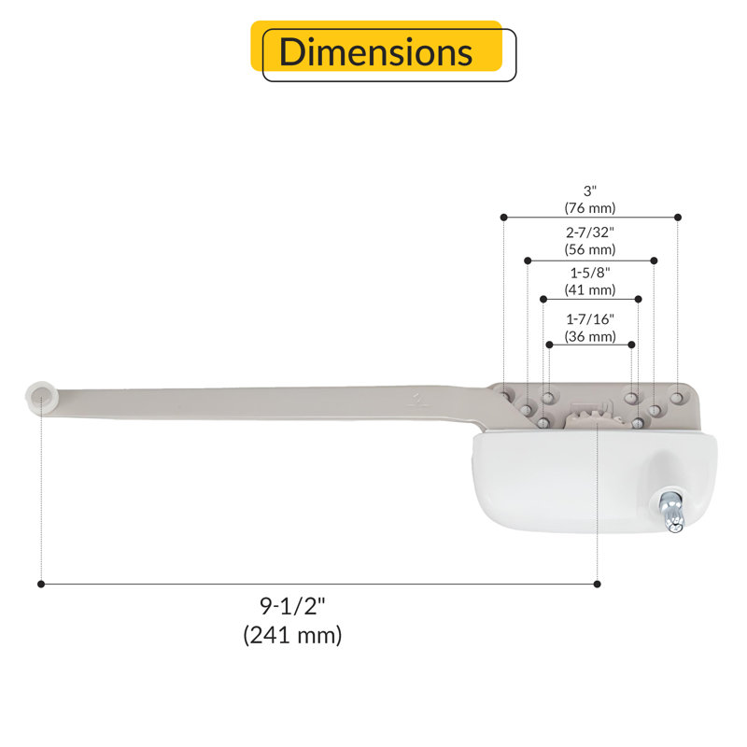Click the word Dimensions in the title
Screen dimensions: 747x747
point(375,51)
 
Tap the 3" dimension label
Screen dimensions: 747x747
point(590,191)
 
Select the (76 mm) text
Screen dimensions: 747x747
point(590,208)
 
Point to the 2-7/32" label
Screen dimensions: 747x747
point(590,233)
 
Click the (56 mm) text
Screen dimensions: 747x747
point(590,249)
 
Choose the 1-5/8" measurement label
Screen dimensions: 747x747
point(590,273)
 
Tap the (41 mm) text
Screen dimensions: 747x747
point(590,290)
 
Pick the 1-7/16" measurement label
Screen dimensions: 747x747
point(590,319)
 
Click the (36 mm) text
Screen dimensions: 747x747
point(590,337)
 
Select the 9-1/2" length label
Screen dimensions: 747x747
point(292,606)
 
